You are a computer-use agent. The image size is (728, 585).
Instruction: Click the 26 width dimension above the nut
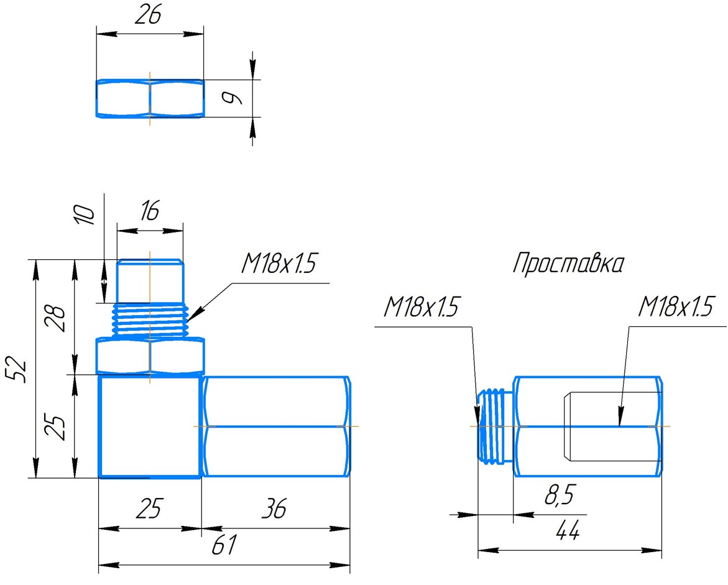point(148,16)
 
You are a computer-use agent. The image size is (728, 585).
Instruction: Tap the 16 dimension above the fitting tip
point(149,211)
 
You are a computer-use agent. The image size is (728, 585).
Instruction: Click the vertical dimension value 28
point(57,318)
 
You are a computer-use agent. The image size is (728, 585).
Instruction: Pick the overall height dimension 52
point(19,370)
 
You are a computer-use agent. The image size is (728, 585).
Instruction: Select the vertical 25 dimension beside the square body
point(57,426)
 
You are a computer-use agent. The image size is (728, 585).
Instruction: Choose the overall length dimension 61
point(224,546)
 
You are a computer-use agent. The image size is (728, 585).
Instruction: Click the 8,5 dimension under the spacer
point(558,496)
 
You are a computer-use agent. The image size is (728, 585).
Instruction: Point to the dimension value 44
point(568,532)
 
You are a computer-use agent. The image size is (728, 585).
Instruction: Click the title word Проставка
point(568,264)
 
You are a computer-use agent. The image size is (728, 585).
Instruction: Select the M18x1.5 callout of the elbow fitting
point(279,265)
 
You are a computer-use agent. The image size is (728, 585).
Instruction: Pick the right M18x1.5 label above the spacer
point(675,307)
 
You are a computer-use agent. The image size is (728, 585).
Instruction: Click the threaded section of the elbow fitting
point(150,320)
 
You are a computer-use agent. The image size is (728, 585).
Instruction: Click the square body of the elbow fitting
point(150,426)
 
